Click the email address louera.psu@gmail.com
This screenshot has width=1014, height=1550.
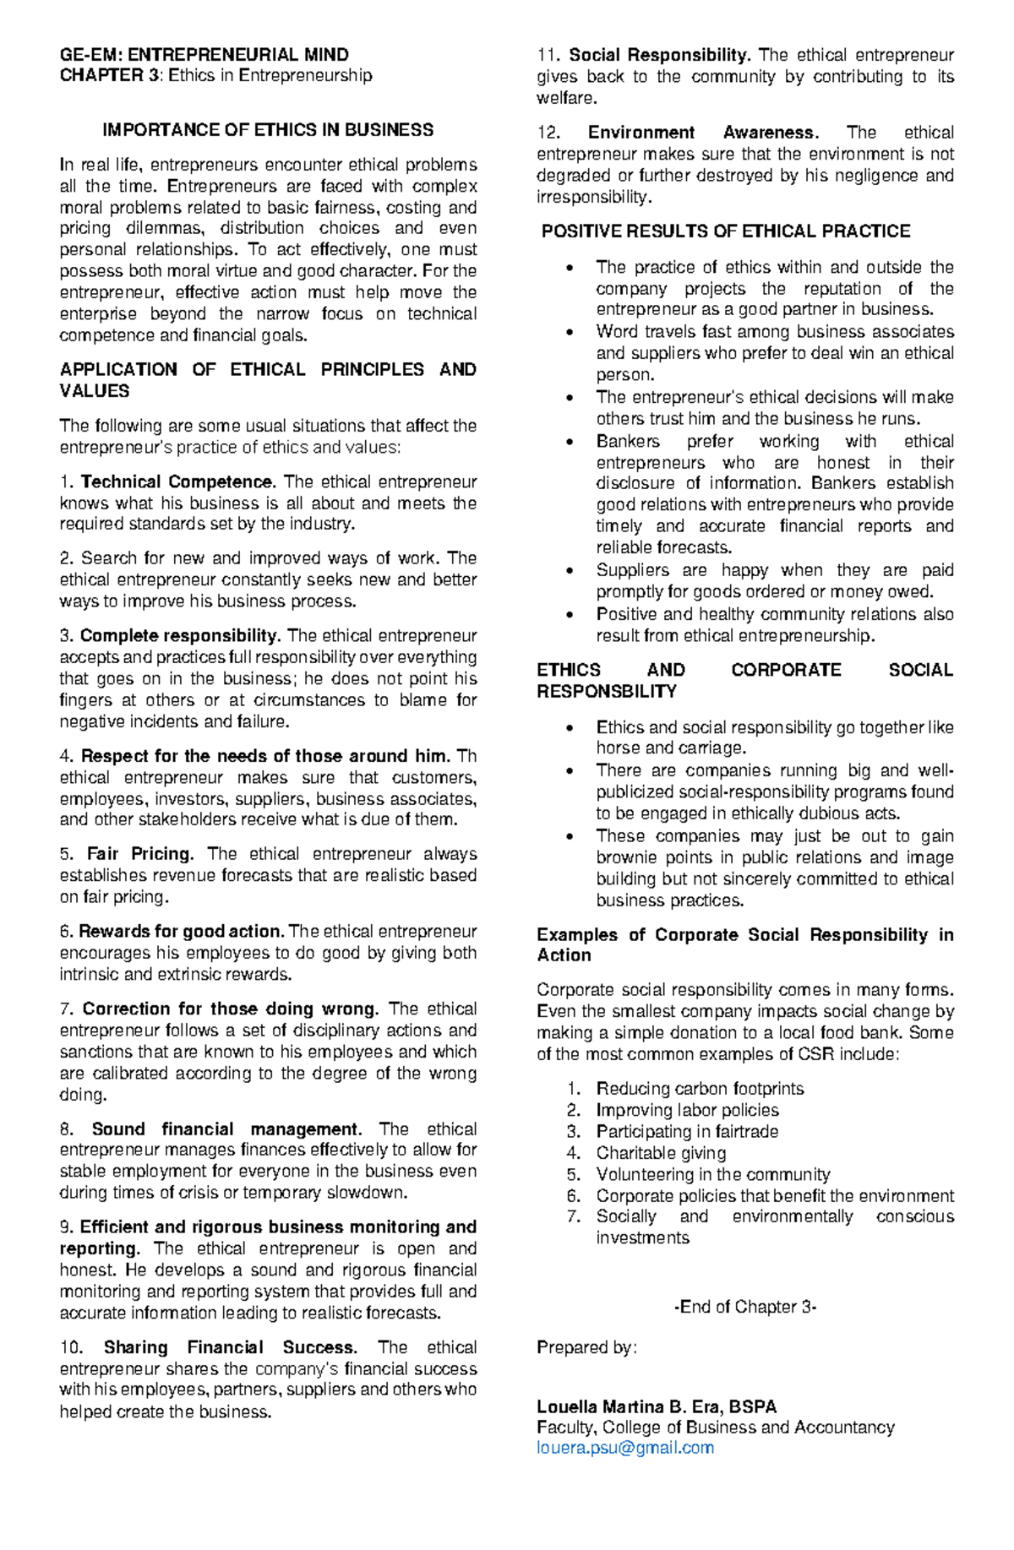625,1448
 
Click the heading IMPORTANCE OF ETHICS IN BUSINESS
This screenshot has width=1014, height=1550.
268,130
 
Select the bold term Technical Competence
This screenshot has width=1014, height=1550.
177,482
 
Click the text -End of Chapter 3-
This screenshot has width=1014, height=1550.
744,1307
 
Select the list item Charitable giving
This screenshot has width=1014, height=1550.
661,1153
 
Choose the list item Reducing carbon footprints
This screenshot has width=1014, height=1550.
700,1089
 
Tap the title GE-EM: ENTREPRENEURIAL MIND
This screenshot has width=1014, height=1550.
204,55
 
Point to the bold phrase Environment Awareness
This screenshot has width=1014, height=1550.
702,133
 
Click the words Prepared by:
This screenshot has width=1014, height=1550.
586,1347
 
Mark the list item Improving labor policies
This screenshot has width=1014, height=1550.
687,1110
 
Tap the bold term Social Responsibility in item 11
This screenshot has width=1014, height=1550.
659,56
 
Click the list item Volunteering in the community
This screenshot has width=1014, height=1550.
712,1174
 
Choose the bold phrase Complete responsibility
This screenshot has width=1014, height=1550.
180,636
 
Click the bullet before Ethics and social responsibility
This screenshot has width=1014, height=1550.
572,727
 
